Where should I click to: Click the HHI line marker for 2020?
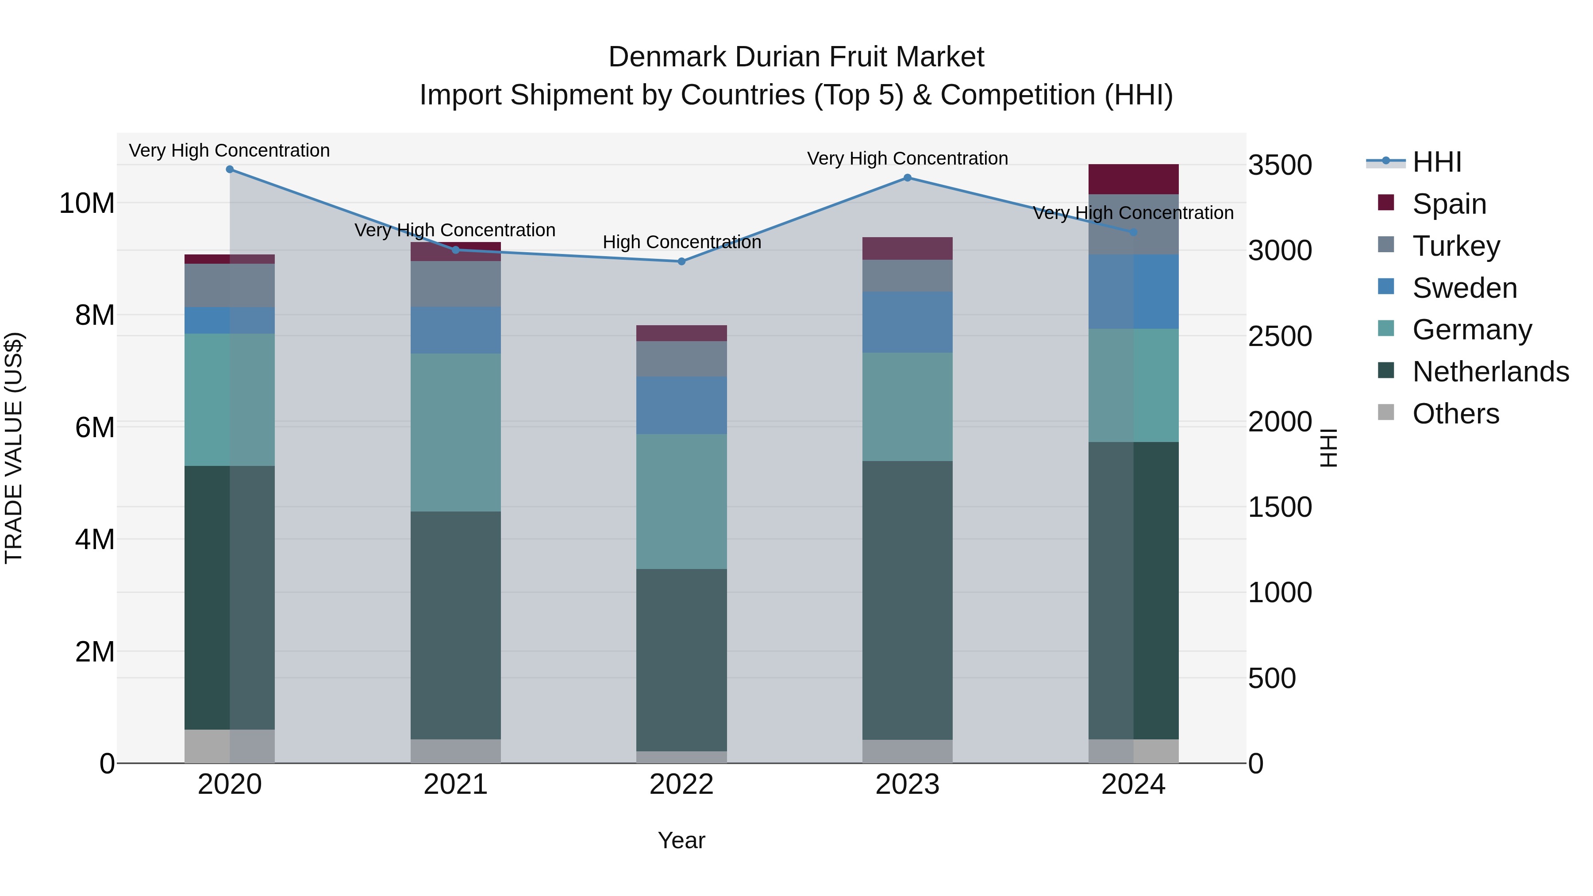[x=229, y=169]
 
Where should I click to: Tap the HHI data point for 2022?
[x=681, y=261]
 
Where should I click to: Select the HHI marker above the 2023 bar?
[x=907, y=177]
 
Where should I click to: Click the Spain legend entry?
[x=1449, y=204]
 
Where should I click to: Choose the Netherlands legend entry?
[x=1490, y=372]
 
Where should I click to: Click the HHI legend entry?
[x=1436, y=162]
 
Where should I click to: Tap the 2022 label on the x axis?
[x=681, y=784]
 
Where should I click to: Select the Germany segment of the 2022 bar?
[x=681, y=501]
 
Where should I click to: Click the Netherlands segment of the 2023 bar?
[x=907, y=600]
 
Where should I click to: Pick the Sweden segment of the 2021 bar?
[x=456, y=330]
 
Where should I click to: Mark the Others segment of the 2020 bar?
[x=229, y=746]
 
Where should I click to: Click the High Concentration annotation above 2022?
[x=681, y=242]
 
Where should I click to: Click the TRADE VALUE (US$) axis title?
[x=14, y=448]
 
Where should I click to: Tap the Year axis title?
[x=681, y=840]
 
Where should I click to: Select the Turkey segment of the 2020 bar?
[x=229, y=286]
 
